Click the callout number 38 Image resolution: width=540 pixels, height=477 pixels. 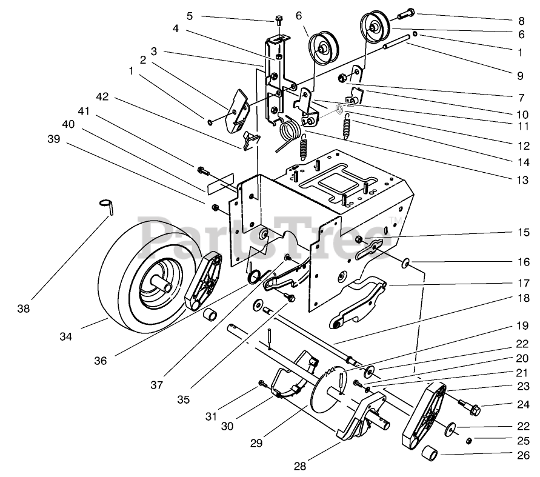[x=23, y=309]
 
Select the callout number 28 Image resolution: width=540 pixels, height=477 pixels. [x=301, y=466]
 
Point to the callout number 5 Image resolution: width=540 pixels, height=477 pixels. [x=190, y=15]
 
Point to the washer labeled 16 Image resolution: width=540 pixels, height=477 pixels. [x=404, y=262]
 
